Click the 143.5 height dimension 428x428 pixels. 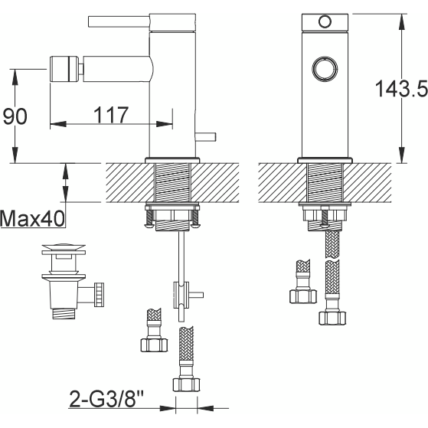point(401,89)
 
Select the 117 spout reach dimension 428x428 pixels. point(111,115)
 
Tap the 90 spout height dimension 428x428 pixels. point(15,116)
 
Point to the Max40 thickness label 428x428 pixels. point(32,219)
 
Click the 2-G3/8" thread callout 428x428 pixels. point(106,399)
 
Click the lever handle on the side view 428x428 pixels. point(119,22)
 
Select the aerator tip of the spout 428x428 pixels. point(64,69)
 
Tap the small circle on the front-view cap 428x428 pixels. point(325,21)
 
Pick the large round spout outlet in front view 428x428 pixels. point(325,69)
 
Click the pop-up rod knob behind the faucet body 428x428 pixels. point(206,137)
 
